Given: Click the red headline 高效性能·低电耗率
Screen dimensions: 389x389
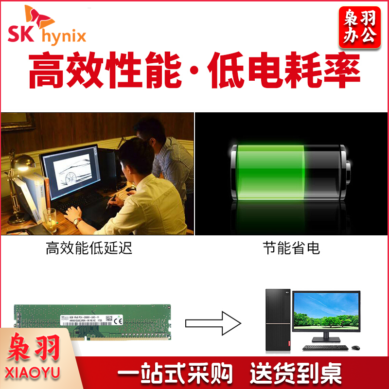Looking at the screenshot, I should click(x=194, y=71).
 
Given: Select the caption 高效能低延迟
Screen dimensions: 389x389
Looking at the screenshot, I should click(x=89, y=249).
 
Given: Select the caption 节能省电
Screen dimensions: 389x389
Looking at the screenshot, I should click(x=292, y=249).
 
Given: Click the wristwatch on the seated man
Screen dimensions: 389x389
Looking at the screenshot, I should click(x=77, y=222).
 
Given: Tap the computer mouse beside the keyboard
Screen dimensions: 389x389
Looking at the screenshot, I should click(x=356, y=348).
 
